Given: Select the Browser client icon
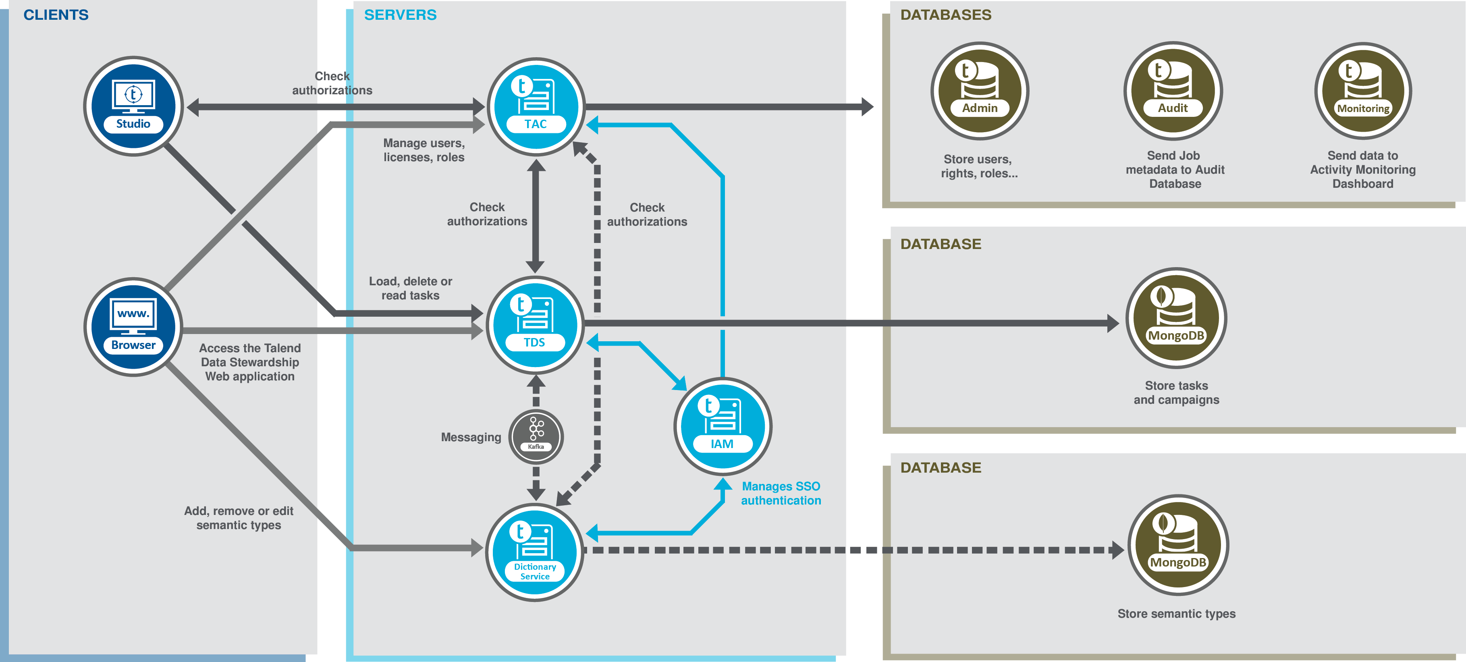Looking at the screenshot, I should coord(133,327).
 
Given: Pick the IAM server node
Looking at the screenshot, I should coord(722,426).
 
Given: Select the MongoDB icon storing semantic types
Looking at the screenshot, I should coord(1177,545).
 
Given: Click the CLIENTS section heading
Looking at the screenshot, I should coord(56,15).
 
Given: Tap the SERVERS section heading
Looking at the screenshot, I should coord(400,15).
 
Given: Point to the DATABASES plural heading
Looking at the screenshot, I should coord(945,15).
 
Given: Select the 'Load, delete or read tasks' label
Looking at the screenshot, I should coord(410,288).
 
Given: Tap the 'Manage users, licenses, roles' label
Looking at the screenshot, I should coord(424,150).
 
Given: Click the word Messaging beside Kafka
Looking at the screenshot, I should coord(471,437).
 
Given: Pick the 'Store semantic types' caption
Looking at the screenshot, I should coord(1176,614).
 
